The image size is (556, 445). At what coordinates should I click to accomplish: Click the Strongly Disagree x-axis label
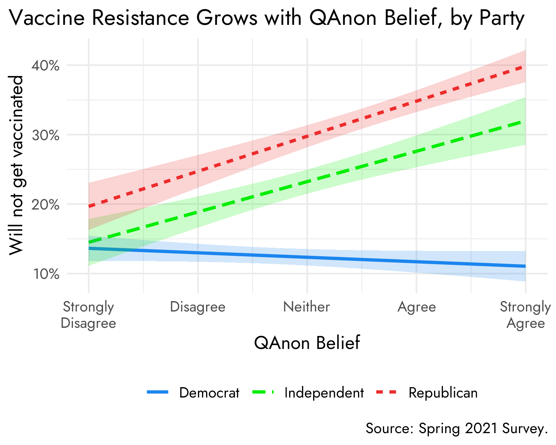pos(88,315)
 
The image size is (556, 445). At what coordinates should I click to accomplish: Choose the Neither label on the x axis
pos(307,307)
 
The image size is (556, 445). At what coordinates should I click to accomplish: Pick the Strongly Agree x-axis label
pos(525,315)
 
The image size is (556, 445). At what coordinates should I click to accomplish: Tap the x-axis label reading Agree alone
pos(417,307)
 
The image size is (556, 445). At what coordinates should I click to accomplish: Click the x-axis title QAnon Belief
pos(307,343)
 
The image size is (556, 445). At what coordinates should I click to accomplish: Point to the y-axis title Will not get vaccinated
pos(17,165)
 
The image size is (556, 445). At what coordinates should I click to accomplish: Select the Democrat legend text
pos(209,393)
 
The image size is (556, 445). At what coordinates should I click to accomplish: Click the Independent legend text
pos(324,393)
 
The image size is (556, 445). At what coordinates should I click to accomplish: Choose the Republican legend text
pos(443,393)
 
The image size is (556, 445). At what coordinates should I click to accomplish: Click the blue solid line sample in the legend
pos(158,392)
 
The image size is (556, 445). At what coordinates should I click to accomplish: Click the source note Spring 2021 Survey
pos(457,428)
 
